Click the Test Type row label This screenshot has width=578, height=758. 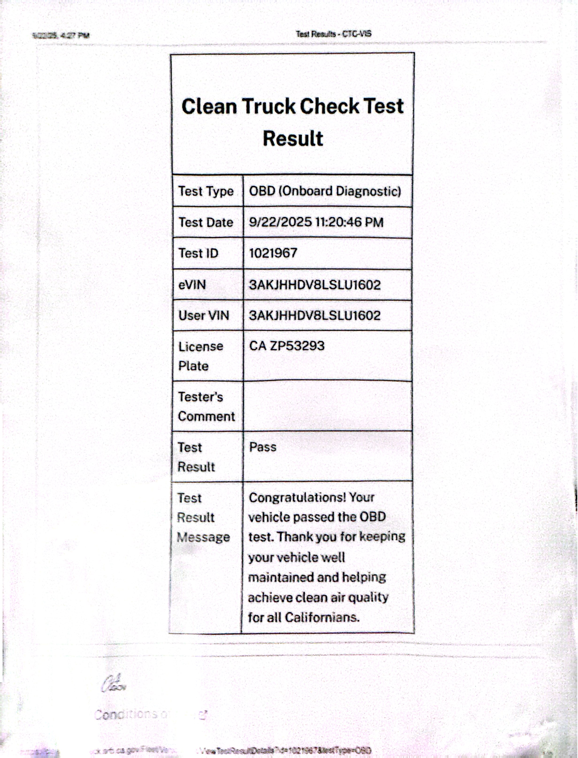point(206,191)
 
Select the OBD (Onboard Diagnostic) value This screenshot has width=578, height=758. point(325,191)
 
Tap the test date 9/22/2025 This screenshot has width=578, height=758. point(280,222)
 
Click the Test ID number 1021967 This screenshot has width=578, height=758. point(273,253)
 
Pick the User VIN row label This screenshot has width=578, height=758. point(203,315)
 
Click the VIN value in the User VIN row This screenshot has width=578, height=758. point(315,315)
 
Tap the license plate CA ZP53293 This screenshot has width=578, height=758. point(287,346)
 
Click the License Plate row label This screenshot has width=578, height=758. point(200,356)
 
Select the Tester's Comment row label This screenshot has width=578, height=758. point(206,406)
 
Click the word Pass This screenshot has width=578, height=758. point(262,447)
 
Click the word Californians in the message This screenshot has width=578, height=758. point(322,617)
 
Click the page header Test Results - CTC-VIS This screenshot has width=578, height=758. point(333,34)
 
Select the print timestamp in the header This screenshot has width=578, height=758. point(61,35)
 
